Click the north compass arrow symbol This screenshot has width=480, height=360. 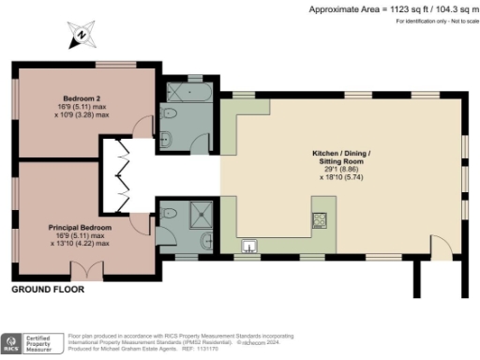point(82,38)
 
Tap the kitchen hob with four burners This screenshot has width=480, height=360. point(320,219)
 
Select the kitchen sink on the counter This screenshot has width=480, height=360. point(249,247)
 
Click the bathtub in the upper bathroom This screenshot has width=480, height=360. point(187,95)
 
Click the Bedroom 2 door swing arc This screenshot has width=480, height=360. point(142,127)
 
